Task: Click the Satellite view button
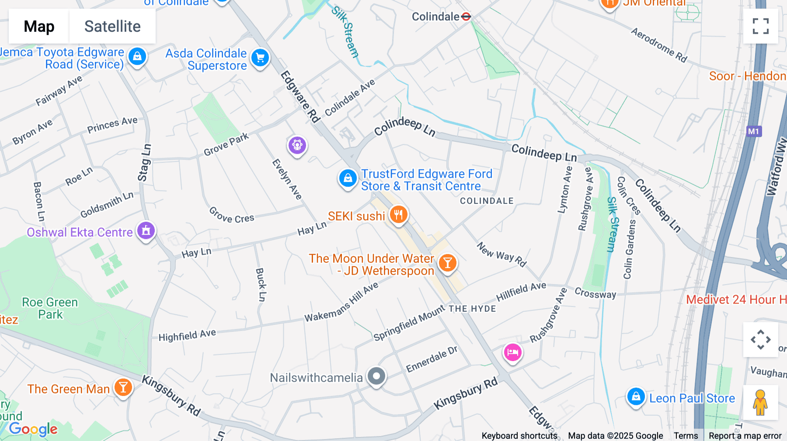coord(112,26)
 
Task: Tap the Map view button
coord(39,26)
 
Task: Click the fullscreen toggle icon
coord(760,26)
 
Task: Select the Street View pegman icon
coord(760,402)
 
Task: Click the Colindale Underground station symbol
coord(466,17)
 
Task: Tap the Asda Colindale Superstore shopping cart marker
coord(260,58)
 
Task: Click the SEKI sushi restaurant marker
coord(398,215)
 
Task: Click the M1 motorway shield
coord(753,131)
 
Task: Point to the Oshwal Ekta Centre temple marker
coord(146,231)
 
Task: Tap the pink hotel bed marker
coord(512,352)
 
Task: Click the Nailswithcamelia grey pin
coord(376,376)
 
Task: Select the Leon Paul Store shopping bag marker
coord(636,396)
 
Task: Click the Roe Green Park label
coord(50,308)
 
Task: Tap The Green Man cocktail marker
coord(123,387)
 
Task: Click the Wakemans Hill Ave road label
coord(341,302)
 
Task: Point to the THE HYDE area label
coord(472,309)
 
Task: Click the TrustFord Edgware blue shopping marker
coord(348,178)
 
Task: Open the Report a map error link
coord(745,436)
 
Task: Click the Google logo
coord(33,429)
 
